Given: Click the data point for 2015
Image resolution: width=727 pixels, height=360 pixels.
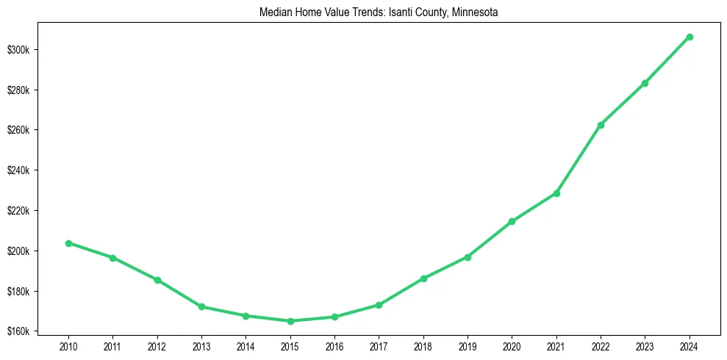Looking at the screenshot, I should click(290, 321).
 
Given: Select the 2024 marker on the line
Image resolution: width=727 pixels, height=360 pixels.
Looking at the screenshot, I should click(690, 37).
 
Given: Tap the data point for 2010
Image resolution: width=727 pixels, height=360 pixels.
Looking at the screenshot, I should click(68, 243).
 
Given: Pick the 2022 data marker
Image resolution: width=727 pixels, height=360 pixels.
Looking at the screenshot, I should click(601, 125).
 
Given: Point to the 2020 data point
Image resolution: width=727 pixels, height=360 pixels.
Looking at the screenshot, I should click(512, 221).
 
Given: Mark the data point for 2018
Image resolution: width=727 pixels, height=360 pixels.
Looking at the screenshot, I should click(423, 278).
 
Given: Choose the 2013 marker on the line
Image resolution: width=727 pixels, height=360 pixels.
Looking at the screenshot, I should click(201, 306).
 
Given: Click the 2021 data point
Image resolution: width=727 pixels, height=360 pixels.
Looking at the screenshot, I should click(556, 193).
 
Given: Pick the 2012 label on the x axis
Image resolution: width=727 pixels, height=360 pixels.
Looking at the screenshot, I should click(157, 345).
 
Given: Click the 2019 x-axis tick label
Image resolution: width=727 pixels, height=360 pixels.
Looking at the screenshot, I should click(468, 345).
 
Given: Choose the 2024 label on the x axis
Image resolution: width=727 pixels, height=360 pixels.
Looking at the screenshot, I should click(690, 345).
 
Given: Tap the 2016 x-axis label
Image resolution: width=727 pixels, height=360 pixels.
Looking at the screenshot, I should click(334, 345).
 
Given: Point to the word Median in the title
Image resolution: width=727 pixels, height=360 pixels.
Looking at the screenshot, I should click(276, 12).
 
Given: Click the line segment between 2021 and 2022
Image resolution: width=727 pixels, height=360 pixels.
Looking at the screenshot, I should click(579, 159).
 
